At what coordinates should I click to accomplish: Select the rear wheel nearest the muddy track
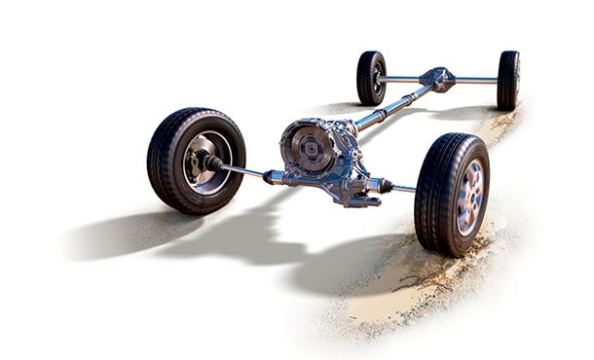[508, 80]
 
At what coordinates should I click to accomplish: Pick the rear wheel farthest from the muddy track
[371, 78]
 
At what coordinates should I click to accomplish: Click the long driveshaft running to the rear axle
[390, 109]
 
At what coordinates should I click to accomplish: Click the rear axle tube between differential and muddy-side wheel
[477, 80]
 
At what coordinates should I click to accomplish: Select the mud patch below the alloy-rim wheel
[409, 292]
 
